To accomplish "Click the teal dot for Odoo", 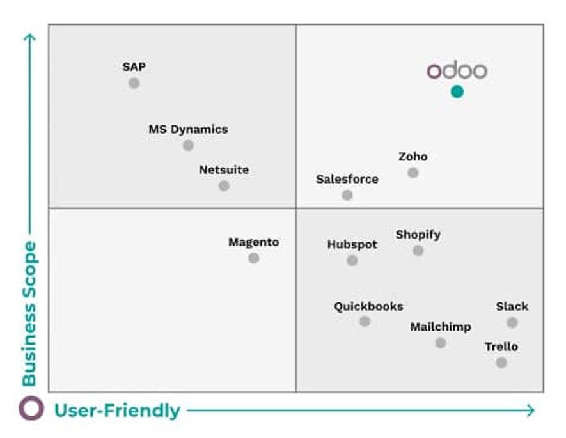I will [457, 91].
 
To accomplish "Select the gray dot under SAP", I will [134, 83].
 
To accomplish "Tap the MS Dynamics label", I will [188, 129].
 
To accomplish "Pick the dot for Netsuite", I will [224, 186].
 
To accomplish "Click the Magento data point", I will [254, 258].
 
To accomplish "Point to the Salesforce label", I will [347, 179].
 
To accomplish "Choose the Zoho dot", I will [413, 173].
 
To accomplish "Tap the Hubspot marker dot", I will [352, 260].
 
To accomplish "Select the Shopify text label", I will [418, 235].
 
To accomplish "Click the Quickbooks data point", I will [365, 322].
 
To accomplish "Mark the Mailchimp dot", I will [441, 343].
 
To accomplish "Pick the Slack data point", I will [512, 323].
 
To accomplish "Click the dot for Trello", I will [501, 363].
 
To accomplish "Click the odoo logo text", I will [457, 71].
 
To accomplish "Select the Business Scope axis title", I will [29, 313].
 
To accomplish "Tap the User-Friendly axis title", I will [117, 411].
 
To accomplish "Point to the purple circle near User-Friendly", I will [31, 409].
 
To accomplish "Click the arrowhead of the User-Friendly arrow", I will [531, 411].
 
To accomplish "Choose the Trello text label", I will [501, 347].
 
